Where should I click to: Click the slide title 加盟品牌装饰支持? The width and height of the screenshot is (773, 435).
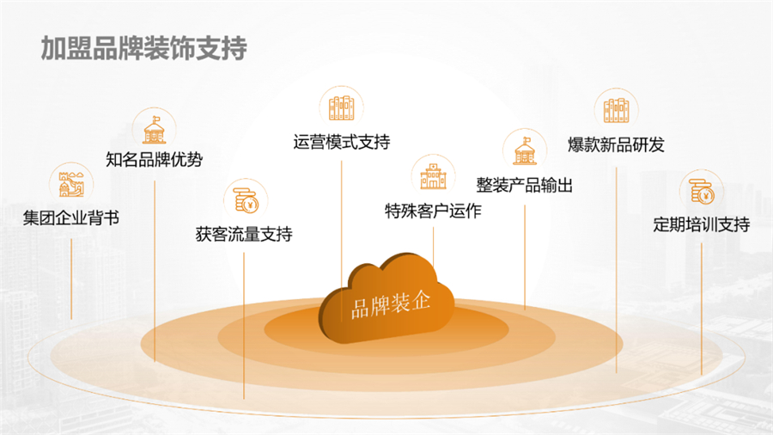click(x=143, y=48)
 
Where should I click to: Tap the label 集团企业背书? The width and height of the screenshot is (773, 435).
click(x=71, y=217)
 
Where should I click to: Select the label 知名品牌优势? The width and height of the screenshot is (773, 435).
click(x=155, y=159)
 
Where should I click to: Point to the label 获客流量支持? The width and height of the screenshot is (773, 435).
click(x=244, y=234)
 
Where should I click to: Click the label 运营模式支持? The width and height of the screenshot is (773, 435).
click(x=341, y=142)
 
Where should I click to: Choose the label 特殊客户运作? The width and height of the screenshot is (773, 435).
click(x=433, y=211)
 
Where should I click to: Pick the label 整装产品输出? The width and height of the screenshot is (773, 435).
click(x=524, y=185)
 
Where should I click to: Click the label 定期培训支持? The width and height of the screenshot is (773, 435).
click(x=701, y=225)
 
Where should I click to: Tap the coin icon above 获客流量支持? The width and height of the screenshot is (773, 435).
click(x=245, y=199)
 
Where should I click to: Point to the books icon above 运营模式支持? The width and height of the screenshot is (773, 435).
click(x=341, y=107)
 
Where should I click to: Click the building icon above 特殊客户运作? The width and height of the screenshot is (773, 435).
click(x=433, y=175)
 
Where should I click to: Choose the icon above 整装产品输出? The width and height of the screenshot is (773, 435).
click(x=524, y=150)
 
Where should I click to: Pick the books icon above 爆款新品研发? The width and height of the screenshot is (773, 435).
click(x=616, y=109)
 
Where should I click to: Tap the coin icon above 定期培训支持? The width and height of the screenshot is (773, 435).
click(x=702, y=191)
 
